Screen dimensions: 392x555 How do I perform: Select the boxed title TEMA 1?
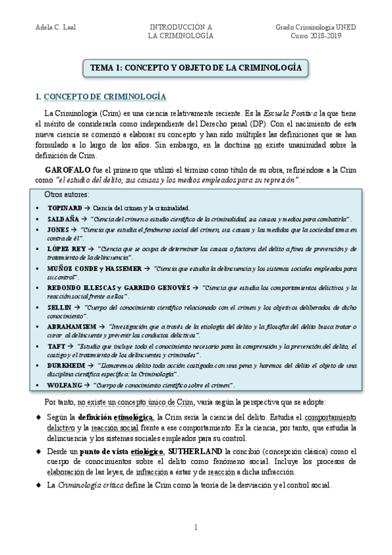[195, 67]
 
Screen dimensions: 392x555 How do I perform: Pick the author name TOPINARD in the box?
[64, 207]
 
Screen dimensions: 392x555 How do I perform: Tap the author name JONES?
[58, 230]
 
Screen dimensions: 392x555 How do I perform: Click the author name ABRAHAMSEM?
[71, 326]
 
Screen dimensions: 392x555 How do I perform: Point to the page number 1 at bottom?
[196, 528]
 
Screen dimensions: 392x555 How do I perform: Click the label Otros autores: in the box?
[67, 195]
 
